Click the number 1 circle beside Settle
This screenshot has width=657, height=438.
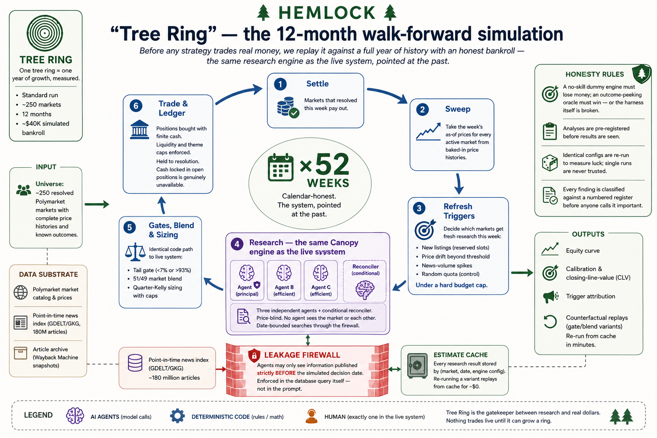coord(280,84)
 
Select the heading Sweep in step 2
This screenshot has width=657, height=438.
coord(458,109)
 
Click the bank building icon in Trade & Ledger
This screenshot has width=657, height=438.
coord(139,129)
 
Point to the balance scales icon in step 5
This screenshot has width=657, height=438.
coord(135,252)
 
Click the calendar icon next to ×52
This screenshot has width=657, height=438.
coord(281,167)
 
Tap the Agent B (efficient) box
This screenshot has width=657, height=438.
coord(284,280)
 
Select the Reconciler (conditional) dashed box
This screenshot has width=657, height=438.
coord(364,281)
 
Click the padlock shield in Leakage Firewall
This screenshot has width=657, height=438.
coord(254,355)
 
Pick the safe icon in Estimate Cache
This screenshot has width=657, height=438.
coord(417,366)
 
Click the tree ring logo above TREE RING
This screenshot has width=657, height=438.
coord(44,33)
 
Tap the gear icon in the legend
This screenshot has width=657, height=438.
coord(178,416)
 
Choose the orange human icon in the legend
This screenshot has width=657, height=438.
coord(311,416)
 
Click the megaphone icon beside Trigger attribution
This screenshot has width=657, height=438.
coord(550,296)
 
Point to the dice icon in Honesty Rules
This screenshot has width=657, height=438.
coord(550,163)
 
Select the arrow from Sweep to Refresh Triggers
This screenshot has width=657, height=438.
coord(459,183)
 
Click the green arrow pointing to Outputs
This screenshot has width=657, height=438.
coord(522,272)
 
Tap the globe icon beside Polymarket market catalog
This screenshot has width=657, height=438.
coord(21,293)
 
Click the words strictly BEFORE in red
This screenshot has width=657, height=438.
coord(276,373)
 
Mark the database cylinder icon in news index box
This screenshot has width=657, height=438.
coord(135,363)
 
